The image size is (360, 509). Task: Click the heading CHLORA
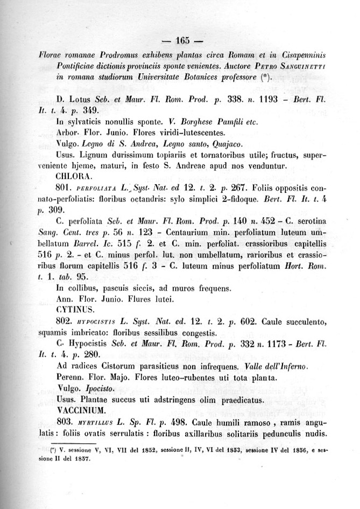coord(74,175)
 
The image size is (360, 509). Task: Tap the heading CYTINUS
coord(75,310)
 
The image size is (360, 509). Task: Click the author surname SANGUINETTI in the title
coord(302,66)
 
